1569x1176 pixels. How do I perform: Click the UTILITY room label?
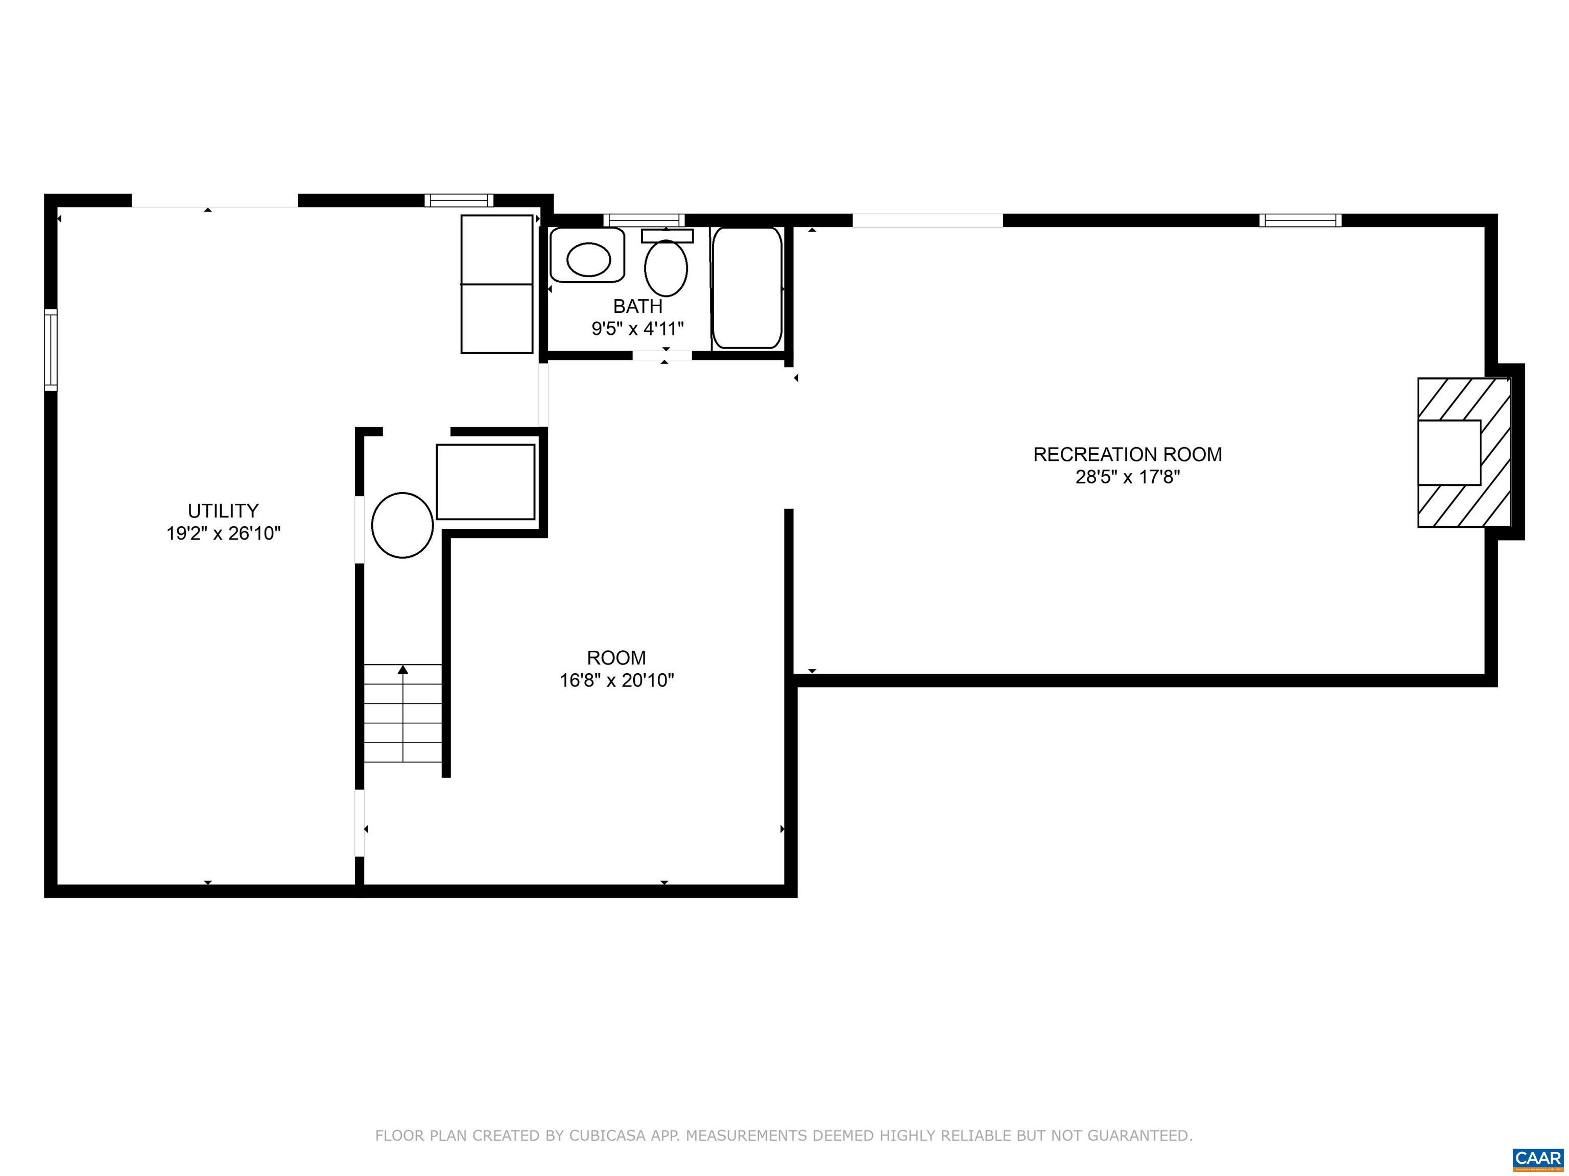click(x=223, y=510)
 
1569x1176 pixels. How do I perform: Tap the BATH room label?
click(x=638, y=306)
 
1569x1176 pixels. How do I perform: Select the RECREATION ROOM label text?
click(x=1127, y=454)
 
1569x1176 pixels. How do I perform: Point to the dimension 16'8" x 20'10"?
click(x=616, y=680)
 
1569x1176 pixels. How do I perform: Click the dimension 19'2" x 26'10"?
click(x=223, y=533)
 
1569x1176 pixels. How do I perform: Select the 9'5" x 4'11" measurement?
click(x=638, y=329)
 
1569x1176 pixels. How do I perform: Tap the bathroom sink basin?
click(x=588, y=259)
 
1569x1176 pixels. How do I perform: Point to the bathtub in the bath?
click(x=747, y=288)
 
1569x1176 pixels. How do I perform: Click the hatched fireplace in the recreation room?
click(x=1463, y=452)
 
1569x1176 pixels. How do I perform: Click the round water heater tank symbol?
click(x=402, y=525)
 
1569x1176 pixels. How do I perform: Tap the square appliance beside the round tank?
click(x=485, y=482)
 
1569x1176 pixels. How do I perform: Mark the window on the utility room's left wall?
click(x=51, y=350)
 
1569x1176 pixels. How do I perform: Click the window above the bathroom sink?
click(x=644, y=220)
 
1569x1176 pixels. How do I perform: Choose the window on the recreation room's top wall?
click(x=1300, y=220)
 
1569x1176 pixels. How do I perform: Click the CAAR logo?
click(x=1537, y=1158)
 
